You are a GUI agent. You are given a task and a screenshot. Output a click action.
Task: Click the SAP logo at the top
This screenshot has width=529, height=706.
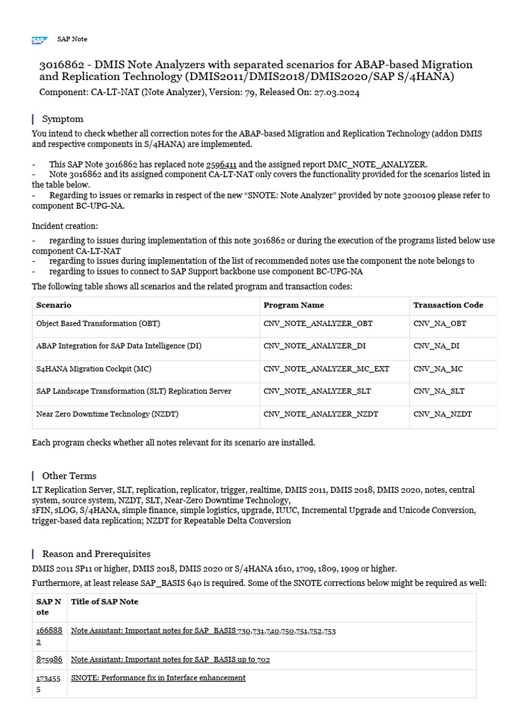point(39,40)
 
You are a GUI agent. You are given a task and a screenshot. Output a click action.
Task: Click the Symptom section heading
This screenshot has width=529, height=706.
point(63,119)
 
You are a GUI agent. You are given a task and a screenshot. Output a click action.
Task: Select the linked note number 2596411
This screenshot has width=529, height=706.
point(221,165)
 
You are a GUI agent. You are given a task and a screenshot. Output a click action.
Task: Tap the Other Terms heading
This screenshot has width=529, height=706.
point(69,476)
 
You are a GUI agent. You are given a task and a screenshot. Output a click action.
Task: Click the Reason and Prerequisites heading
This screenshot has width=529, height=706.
point(96,554)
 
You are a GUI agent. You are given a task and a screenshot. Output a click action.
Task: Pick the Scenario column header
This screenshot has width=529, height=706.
point(54,305)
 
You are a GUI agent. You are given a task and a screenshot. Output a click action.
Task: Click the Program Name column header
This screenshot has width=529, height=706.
point(293,305)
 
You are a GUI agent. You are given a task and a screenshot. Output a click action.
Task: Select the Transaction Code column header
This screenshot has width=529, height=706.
point(448,305)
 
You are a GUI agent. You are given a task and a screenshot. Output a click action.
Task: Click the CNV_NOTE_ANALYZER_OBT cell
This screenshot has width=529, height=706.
point(318,323)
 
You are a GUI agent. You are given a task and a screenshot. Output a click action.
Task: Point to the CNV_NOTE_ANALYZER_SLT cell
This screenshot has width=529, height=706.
point(317,391)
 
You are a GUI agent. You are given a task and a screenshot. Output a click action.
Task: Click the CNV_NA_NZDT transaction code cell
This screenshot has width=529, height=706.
point(442,414)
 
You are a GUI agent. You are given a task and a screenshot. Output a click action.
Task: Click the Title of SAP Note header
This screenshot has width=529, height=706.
point(105,601)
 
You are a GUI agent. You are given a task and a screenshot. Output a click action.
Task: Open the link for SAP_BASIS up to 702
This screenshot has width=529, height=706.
point(170,660)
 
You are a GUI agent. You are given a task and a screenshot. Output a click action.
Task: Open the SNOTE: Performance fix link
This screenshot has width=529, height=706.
point(158,678)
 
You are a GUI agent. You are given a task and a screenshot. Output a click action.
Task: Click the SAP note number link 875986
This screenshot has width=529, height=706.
point(49,660)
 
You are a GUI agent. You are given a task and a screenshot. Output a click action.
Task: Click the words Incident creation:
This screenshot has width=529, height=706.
point(65,225)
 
